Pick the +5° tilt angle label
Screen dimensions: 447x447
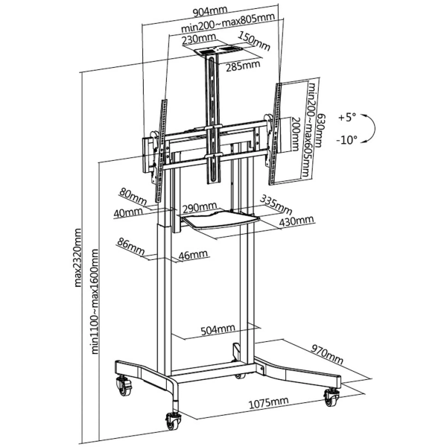(346, 118)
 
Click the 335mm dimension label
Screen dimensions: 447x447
(275, 202)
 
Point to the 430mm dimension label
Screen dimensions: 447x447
(296, 221)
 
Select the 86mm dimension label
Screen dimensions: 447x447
(130, 244)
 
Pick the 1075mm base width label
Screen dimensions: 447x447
(268, 402)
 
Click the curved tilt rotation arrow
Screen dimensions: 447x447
(375, 128)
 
